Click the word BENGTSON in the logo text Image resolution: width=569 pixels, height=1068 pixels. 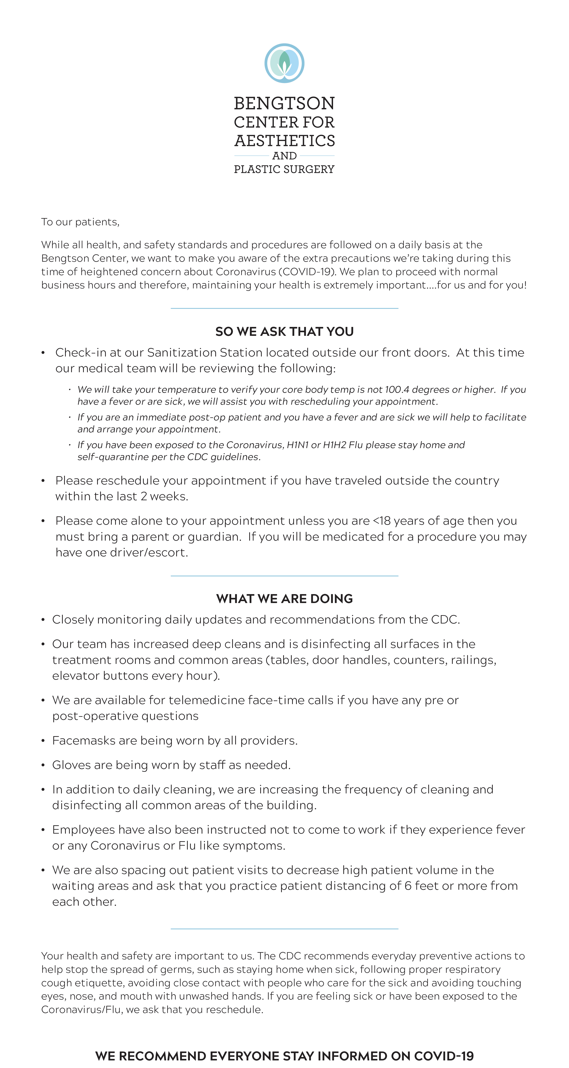[x=284, y=103]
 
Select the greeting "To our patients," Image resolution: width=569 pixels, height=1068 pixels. [x=80, y=222]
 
